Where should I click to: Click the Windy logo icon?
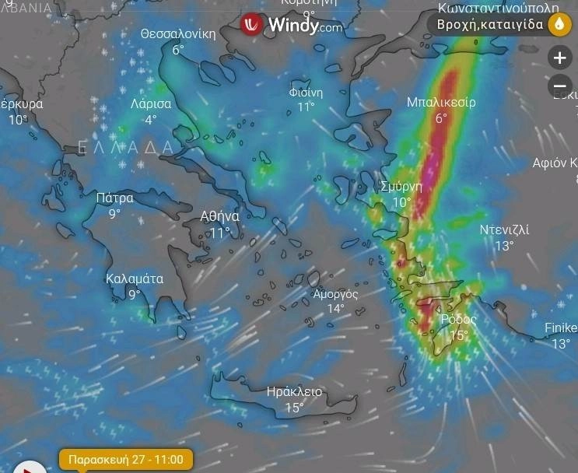click(x=251, y=24)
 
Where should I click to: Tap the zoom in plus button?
click(x=559, y=58)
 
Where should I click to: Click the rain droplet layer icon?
click(x=559, y=25)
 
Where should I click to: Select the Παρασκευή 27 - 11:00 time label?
click(x=125, y=459)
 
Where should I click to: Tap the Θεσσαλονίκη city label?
click(x=177, y=34)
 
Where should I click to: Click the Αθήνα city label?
click(x=219, y=216)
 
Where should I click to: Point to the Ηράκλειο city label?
click(x=293, y=391)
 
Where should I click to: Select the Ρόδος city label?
click(x=458, y=319)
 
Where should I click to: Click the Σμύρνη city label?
click(x=401, y=187)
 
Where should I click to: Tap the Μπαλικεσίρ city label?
click(x=441, y=102)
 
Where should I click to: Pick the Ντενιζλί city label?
click(x=504, y=229)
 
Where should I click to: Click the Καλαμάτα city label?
click(x=135, y=278)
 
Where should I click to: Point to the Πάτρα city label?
click(x=114, y=198)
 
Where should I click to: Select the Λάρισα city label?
click(x=151, y=103)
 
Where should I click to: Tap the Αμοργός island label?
click(x=335, y=293)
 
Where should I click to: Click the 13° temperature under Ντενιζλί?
click(x=504, y=246)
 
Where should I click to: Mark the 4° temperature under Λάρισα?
click(x=150, y=120)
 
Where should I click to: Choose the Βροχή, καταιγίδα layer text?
click(x=490, y=25)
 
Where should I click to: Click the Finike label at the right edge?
click(x=560, y=328)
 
